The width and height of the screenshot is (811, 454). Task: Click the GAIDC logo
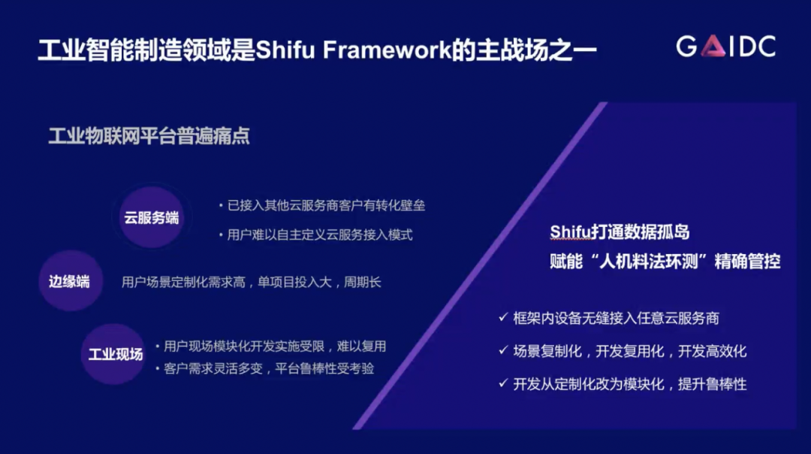[725, 46]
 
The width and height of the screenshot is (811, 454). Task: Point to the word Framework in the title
[387, 50]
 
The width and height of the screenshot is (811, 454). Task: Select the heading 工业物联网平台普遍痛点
[149, 136]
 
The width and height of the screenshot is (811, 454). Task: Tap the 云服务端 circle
[151, 217]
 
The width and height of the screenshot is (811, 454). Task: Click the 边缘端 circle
[70, 281]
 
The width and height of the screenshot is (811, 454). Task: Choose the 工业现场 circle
[115, 354]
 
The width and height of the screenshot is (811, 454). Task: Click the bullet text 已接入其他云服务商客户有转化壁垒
[326, 205]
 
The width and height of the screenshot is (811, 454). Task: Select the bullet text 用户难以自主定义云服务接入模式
[320, 235]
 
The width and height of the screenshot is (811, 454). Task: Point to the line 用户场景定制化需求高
[184, 282]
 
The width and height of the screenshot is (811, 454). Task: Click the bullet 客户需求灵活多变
[213, 368]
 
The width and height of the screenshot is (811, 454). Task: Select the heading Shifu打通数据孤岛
[620, 232]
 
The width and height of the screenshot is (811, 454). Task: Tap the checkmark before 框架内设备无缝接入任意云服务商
[502, 316]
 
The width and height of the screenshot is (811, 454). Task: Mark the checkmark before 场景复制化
[502, 350]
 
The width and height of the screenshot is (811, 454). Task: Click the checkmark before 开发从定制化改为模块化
[502, 383]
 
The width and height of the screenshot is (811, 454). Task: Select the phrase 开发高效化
[712, 352]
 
